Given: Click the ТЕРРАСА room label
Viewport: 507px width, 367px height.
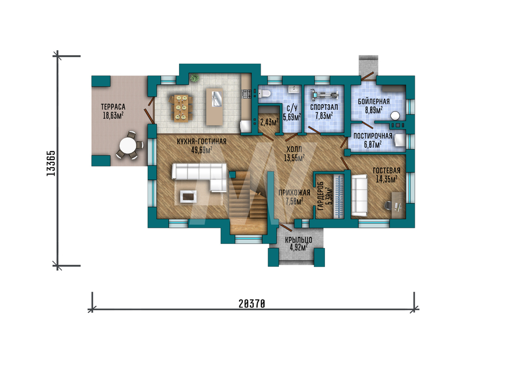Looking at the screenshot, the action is coord(113,106).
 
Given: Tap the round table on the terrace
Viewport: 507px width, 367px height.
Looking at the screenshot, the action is coord(128,146).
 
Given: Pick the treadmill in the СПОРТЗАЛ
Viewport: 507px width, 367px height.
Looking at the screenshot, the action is coord(324,95).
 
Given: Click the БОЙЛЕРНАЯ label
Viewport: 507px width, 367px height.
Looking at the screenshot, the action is coord(374,101).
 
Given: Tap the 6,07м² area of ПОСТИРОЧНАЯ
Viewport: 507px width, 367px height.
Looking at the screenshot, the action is coord(373,144).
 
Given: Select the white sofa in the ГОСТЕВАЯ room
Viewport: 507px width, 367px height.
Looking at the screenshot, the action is coord(359,195).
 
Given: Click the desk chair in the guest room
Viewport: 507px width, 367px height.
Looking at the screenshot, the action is coord(388,206).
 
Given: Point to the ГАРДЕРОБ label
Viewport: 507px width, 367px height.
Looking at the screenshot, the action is coord(321,196).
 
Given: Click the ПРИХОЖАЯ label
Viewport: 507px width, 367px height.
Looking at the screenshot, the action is coord(294,193).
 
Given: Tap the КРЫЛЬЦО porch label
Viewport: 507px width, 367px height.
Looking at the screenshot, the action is coord(299,240).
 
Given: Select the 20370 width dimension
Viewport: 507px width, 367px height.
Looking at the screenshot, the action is coord(252,304).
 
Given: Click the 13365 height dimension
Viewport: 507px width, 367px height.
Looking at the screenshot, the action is coord(51,163).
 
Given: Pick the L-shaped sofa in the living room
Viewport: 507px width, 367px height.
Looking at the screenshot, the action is coord(199,177).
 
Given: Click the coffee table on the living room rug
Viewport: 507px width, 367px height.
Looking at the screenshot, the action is coord(188,196).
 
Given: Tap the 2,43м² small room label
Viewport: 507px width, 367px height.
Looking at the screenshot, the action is coord(269,123).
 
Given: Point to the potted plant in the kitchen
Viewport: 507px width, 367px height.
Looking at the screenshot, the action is coord(194,78).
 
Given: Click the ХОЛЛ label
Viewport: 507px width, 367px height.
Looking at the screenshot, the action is coord(294,149).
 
